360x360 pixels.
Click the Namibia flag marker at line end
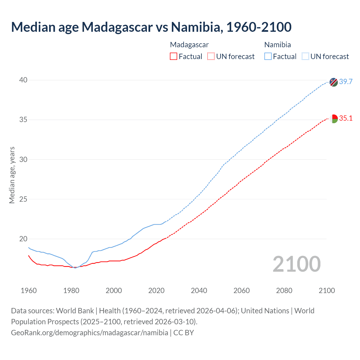(x=334, y=82)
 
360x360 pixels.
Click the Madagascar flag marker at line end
(x=334, y=119)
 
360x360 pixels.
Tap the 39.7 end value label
(x=346, y=82)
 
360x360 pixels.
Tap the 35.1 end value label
(x=346, y=118)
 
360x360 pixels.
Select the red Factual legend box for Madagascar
(x=174, y=57)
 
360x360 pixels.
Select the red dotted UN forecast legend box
(x=211, y=57)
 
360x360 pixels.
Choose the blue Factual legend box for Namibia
(x=268, y=57)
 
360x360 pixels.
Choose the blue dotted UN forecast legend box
(x=305, y=57)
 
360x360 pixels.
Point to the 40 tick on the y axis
(x=23, y=80)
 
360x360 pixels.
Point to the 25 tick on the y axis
(x=23, y=199)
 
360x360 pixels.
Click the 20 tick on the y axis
(x=23, y=239)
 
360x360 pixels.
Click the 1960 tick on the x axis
(x=29, y=291)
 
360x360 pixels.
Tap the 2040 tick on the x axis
(x=199, y=291)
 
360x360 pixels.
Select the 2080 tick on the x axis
(x=284, y=291)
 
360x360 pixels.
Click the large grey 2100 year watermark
(x=296, y=264)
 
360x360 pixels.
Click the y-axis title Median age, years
(x=12, y=175)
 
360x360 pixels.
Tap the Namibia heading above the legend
(x=278, y=45)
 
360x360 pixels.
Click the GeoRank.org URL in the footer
(x=89, y=333)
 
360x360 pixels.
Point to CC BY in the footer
(x=184, y=333)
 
